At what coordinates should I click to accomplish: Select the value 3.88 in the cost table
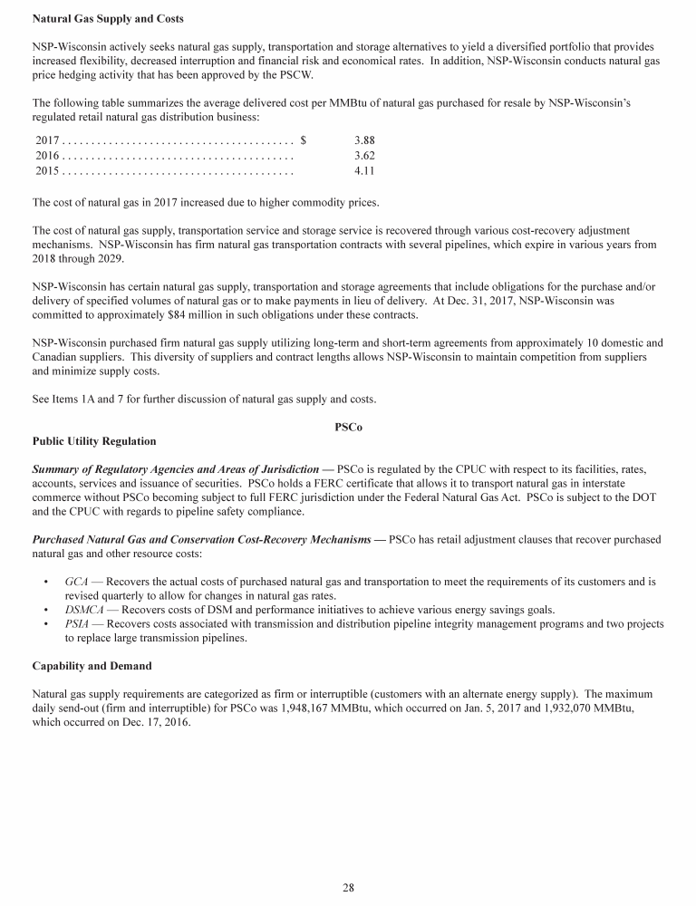364,140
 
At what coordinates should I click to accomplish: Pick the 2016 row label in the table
47,156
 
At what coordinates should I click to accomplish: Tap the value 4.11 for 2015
364,170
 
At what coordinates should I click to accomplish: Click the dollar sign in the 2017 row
303,140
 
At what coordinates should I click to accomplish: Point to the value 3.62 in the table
364,156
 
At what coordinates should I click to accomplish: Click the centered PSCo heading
348,426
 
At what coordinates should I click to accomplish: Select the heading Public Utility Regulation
94,441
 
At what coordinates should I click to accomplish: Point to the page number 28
348,887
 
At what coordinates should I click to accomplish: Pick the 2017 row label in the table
47,140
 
